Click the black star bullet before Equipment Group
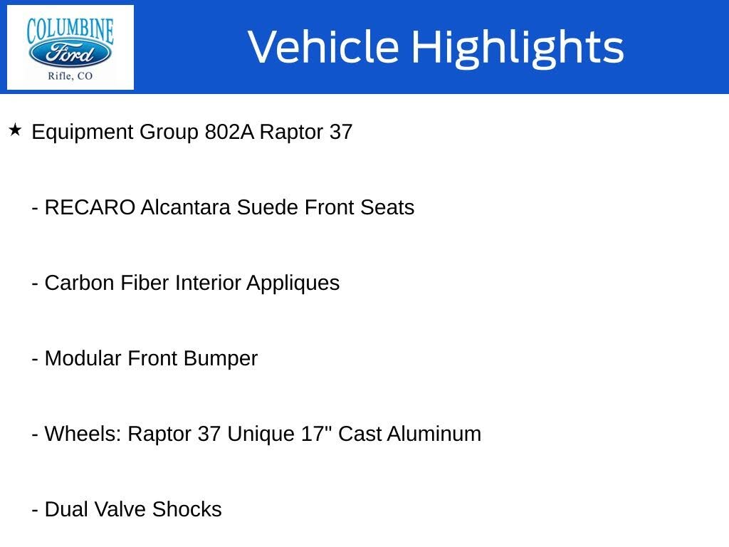(15, 130)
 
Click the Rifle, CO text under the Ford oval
(70, 76)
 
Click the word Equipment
(83, 133)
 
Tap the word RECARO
(90, 208)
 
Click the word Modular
(83, 359)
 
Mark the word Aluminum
(434, 434)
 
